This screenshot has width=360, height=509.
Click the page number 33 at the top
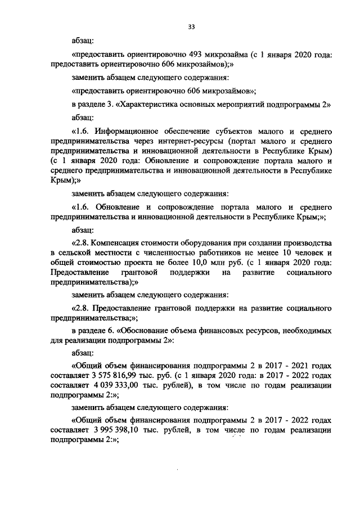(191, 26)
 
